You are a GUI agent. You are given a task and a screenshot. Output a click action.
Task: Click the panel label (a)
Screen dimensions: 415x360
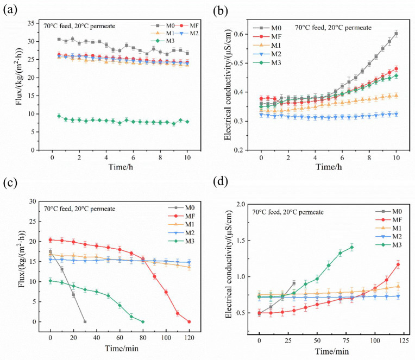(x=10, y=10)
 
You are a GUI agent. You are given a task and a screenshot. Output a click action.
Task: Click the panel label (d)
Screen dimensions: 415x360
(x=220, y=181)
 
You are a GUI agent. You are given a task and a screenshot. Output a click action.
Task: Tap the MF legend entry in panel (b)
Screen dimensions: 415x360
(x=267, y=36)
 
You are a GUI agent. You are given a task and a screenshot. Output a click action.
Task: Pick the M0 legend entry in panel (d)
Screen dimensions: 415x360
(x=388, y=211)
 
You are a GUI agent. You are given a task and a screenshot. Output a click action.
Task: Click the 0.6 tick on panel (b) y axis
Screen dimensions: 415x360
(x=240, y=34)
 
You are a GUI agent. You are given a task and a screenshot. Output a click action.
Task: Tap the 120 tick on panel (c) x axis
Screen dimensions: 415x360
(x=189, y=338)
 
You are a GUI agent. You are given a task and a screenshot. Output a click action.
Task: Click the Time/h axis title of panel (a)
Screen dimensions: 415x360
(x=121, y=167)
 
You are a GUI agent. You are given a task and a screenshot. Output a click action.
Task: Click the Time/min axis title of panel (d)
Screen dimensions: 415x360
(x=332, y=351)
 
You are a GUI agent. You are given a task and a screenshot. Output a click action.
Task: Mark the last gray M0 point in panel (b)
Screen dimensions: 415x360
(x=396, y=34)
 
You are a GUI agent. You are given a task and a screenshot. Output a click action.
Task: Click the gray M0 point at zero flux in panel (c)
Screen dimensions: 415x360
(x=85, y=321)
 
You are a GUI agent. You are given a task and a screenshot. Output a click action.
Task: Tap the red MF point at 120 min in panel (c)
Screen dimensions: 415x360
(x=189, y=321)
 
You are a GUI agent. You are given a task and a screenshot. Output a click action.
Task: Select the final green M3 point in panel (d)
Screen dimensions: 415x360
(x=352, y=247)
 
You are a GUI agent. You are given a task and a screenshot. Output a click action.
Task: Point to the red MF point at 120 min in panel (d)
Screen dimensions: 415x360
(x=398, y=264)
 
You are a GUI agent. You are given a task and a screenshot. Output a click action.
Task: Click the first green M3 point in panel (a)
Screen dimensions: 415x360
(x=59, y=116)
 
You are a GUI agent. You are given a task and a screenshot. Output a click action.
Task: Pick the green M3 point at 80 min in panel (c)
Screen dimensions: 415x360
(x=143, y=321)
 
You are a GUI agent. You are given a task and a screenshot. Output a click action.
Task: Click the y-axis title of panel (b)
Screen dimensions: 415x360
(x=228, y=85)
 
